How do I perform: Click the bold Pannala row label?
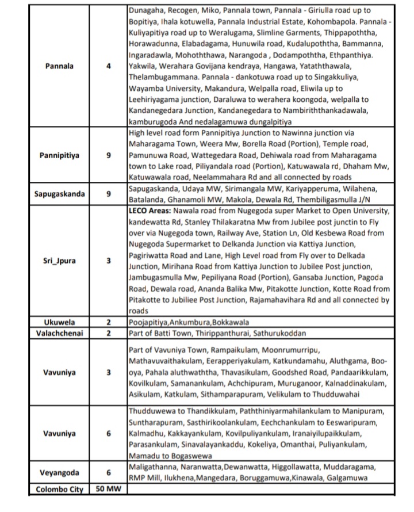click(x=59, y=66)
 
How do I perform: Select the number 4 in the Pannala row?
click(x=109, y=66)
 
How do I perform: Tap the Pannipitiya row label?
click(x=59, y=155)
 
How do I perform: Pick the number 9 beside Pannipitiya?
click(x=109, y=155)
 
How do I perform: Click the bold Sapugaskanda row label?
click(x=59, y=194)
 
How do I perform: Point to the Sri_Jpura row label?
click(x=59, y=260)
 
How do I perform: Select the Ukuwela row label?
click(x=59, y=322)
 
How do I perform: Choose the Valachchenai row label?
click(x=59, y=333)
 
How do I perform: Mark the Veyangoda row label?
click(x=59, y=472)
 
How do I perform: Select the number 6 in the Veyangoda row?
click(x=109, y=472)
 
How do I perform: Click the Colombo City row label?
click(x=59, y=490)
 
